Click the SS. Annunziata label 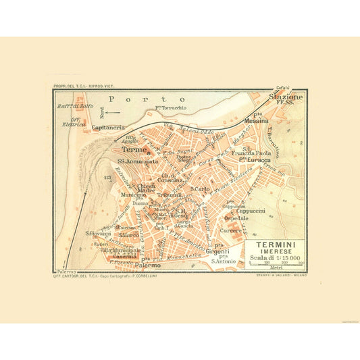tap(138, 162)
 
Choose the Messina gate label tap(257, 122)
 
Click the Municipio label tap(134, 195)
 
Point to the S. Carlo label tap(199, 189)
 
